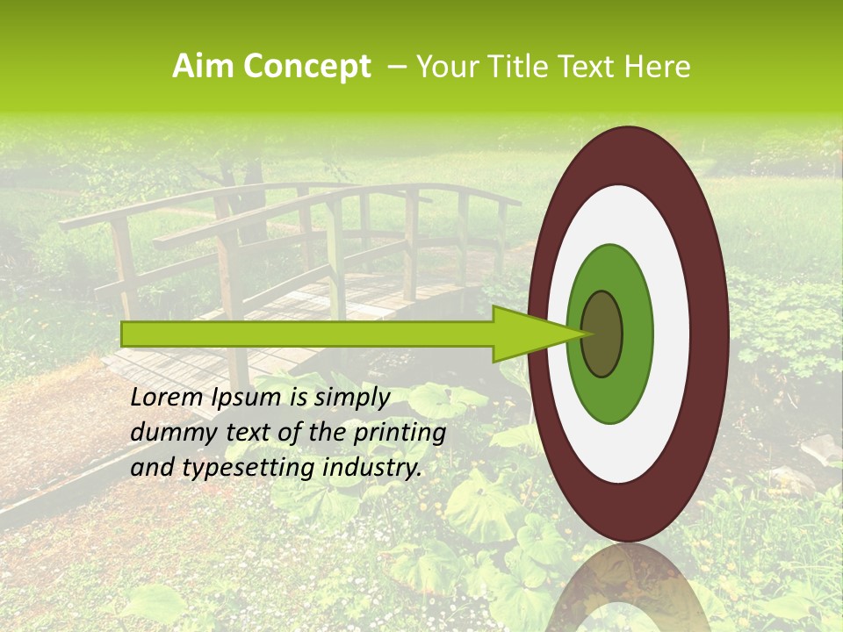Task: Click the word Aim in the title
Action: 201,67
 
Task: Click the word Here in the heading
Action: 658,67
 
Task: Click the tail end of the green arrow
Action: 124,334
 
